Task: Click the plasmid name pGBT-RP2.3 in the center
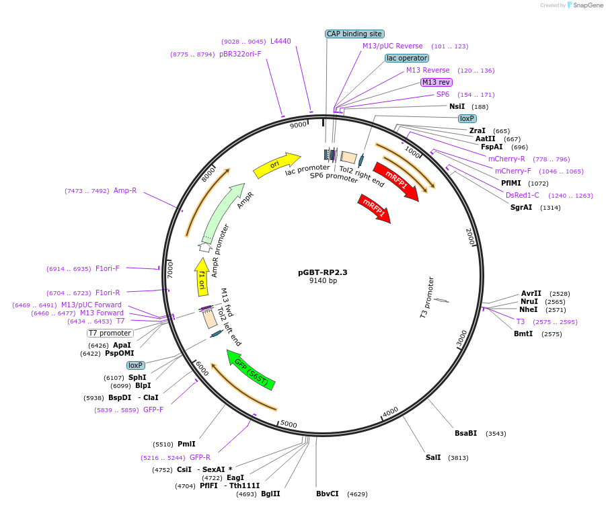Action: click(x=322, y=272)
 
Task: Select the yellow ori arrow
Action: click(x=276, y=165)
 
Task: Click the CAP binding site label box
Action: click(x=354, y=34)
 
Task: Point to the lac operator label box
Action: click(x=407, y=58)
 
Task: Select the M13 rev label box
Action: click(x=436, y=82)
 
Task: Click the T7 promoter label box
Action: click(x=110, y=333)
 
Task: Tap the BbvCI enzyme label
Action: click(x=328, y=494)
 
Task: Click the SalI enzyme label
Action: click(x=433, y=457)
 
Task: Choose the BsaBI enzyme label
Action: click(x=465, y=433)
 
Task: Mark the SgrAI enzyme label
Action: click(x=521, y=207)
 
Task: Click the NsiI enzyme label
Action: click(x=457, y=106)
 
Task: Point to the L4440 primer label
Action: click(x=280, y=41)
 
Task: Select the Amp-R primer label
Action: click(x=125, y=190)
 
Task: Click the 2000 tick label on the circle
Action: click(x=470, y=237)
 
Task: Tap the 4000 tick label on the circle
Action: click(x=390, y=412)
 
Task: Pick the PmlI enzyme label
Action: click(x=186, y=444)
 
